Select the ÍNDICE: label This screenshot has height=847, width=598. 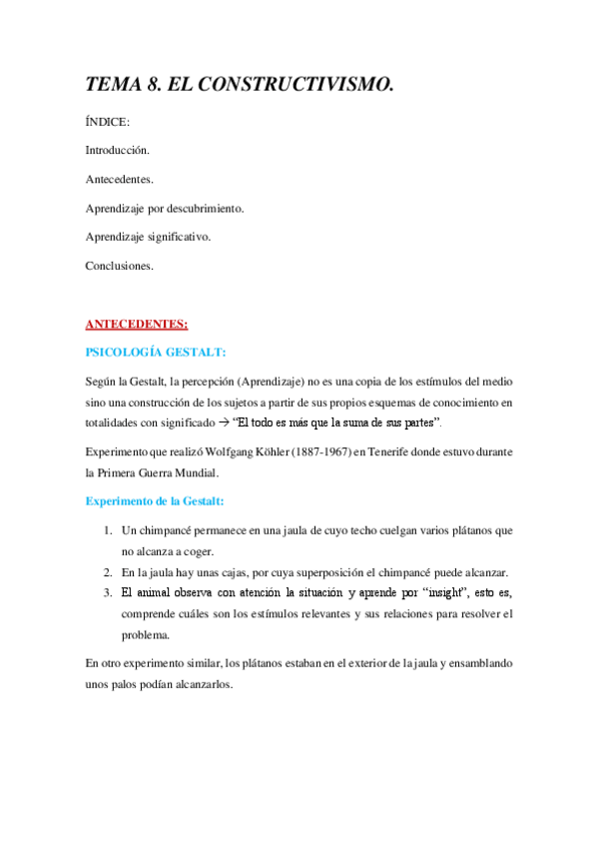pos(108,122)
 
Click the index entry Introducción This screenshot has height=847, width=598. pos(118,151)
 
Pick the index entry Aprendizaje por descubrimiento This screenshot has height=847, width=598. pos(165,209)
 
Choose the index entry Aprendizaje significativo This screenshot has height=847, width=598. pos(148,238)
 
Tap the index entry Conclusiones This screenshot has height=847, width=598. pos(120,267)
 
